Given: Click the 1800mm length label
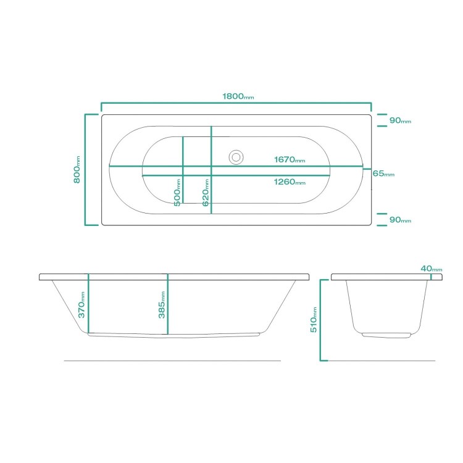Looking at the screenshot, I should coord(238,96).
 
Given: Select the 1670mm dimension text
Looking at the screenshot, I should coord(290,160).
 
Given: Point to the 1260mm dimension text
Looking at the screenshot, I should coord(290,182).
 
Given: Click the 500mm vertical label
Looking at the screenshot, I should coord(177,192).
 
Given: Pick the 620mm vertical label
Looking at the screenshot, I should coord(205,192).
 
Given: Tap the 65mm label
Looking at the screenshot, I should coord(383,173).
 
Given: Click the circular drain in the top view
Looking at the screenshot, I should coord(236,157).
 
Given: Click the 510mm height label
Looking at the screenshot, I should coord(314,320).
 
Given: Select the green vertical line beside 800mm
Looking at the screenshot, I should coord(86,169).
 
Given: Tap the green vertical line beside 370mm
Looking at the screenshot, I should coord(88,304).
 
